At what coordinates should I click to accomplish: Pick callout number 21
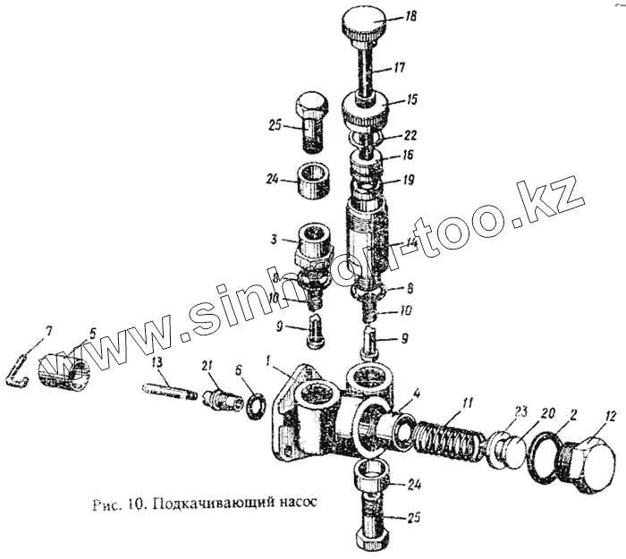click(x=206, y=366)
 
